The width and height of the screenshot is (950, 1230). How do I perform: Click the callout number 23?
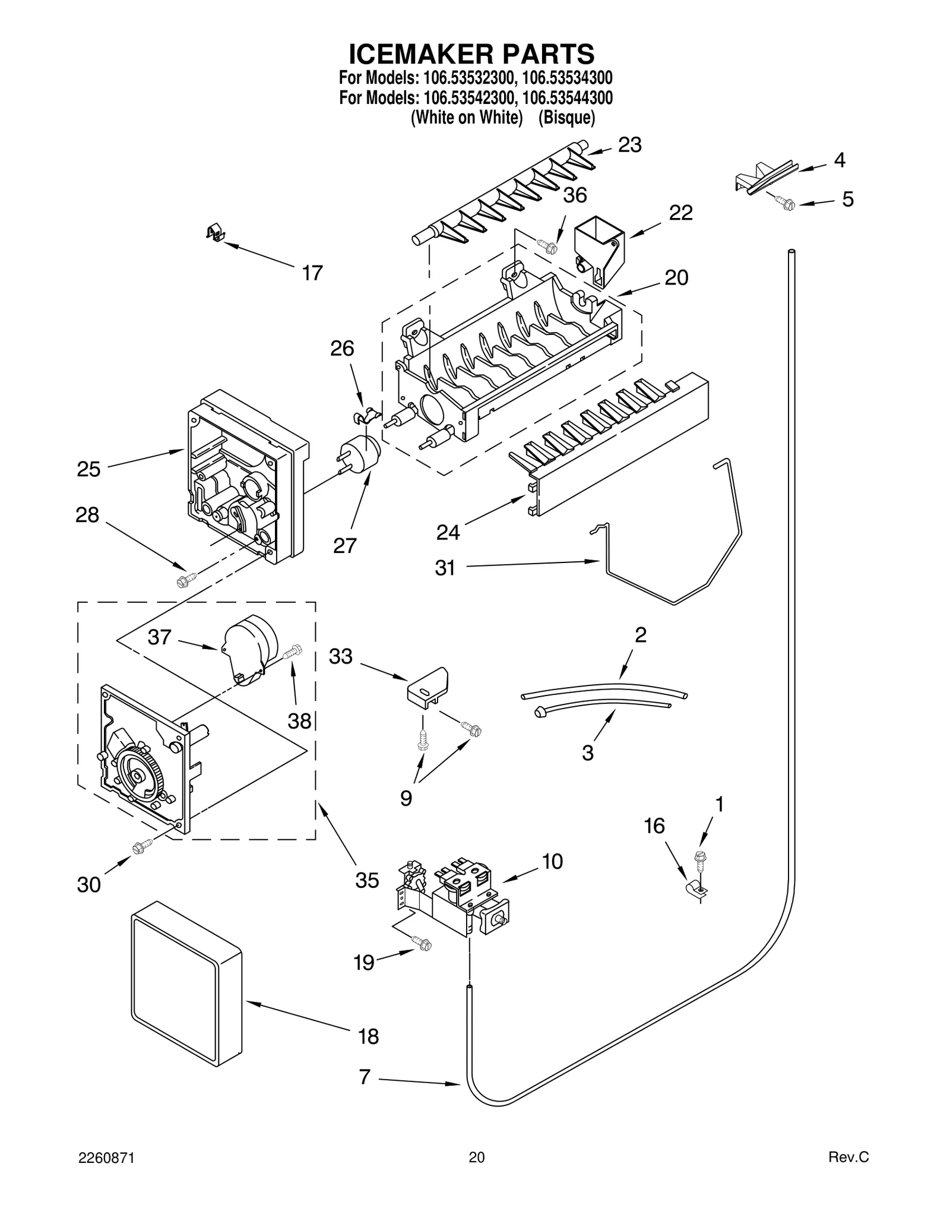[x=630, y=145]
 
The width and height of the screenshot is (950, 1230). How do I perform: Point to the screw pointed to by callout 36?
[x=547, y=245]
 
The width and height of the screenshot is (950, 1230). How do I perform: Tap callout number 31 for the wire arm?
[x=445, y=568]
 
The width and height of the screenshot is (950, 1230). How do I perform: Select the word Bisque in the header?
[x=566, y=118]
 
